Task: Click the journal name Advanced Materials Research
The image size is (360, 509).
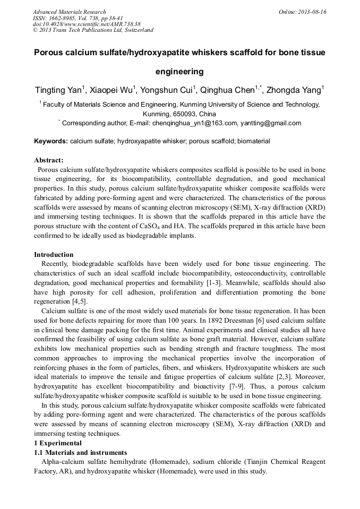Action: click(70, 12)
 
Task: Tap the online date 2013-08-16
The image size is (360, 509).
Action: click(313, 12)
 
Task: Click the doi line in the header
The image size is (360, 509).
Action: click(87, 24)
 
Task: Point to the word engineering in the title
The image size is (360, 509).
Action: click(179, 71)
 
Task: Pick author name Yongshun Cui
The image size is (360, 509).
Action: click(169, 90)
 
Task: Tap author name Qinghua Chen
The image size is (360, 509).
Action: click(229, 90)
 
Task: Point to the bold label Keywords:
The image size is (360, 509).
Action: click(51, 142)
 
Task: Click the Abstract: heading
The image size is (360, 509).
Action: click(49, 160)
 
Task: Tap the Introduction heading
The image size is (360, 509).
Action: click(54, 255)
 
